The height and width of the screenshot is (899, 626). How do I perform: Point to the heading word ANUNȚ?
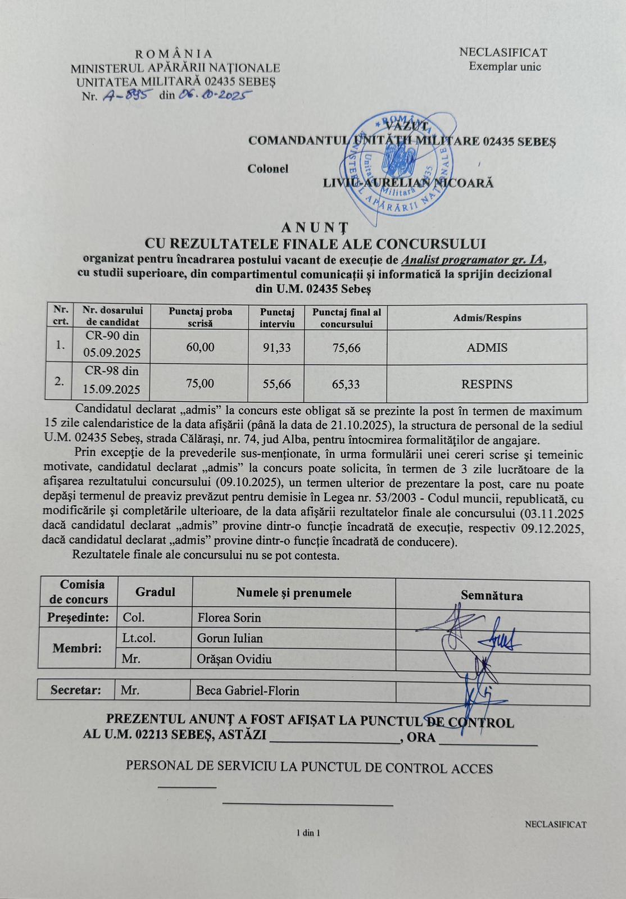(315, 228)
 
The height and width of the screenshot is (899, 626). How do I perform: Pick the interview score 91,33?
(276, 348)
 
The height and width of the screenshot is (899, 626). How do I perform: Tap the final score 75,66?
(346, 348)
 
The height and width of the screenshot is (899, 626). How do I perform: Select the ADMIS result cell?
(487, 348)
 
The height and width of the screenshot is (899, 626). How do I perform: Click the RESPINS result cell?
(487, 384)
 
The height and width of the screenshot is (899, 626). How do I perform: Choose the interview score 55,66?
(276, 384)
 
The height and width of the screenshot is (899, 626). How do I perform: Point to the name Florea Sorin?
(229, 618)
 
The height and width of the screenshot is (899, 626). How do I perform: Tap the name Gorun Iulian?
(230, 638)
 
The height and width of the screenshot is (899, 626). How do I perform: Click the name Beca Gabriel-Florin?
(247, 691)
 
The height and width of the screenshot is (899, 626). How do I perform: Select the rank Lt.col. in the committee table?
(138, 638)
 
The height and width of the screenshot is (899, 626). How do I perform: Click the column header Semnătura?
(492, 596)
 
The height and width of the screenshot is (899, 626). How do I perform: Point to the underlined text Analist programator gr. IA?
(474, 260)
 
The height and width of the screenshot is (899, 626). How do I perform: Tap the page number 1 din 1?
(309, 833)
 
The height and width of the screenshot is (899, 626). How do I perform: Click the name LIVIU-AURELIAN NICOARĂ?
(408, 183)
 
